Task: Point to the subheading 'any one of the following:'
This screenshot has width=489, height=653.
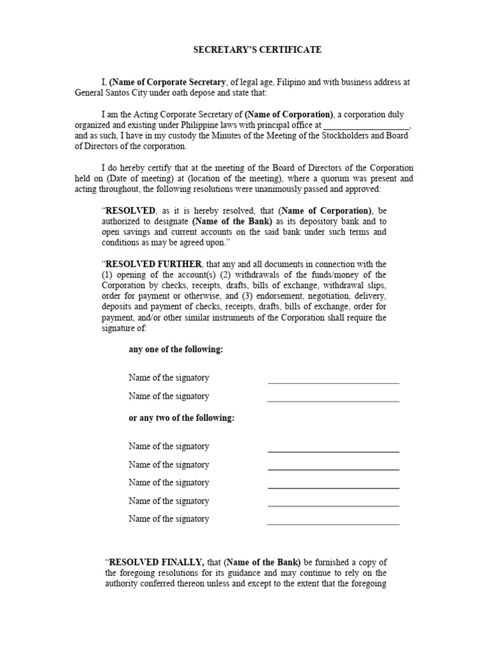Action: [176, 349]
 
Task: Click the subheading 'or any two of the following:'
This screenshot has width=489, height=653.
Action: [181, 418]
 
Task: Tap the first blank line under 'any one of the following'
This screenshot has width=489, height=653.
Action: [333, 382]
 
